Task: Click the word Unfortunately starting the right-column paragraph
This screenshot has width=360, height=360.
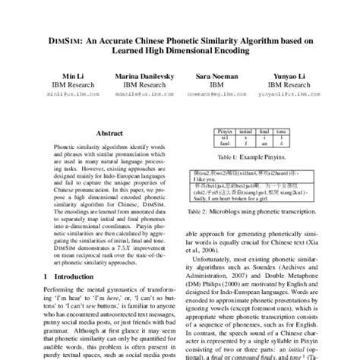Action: point(215,262)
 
